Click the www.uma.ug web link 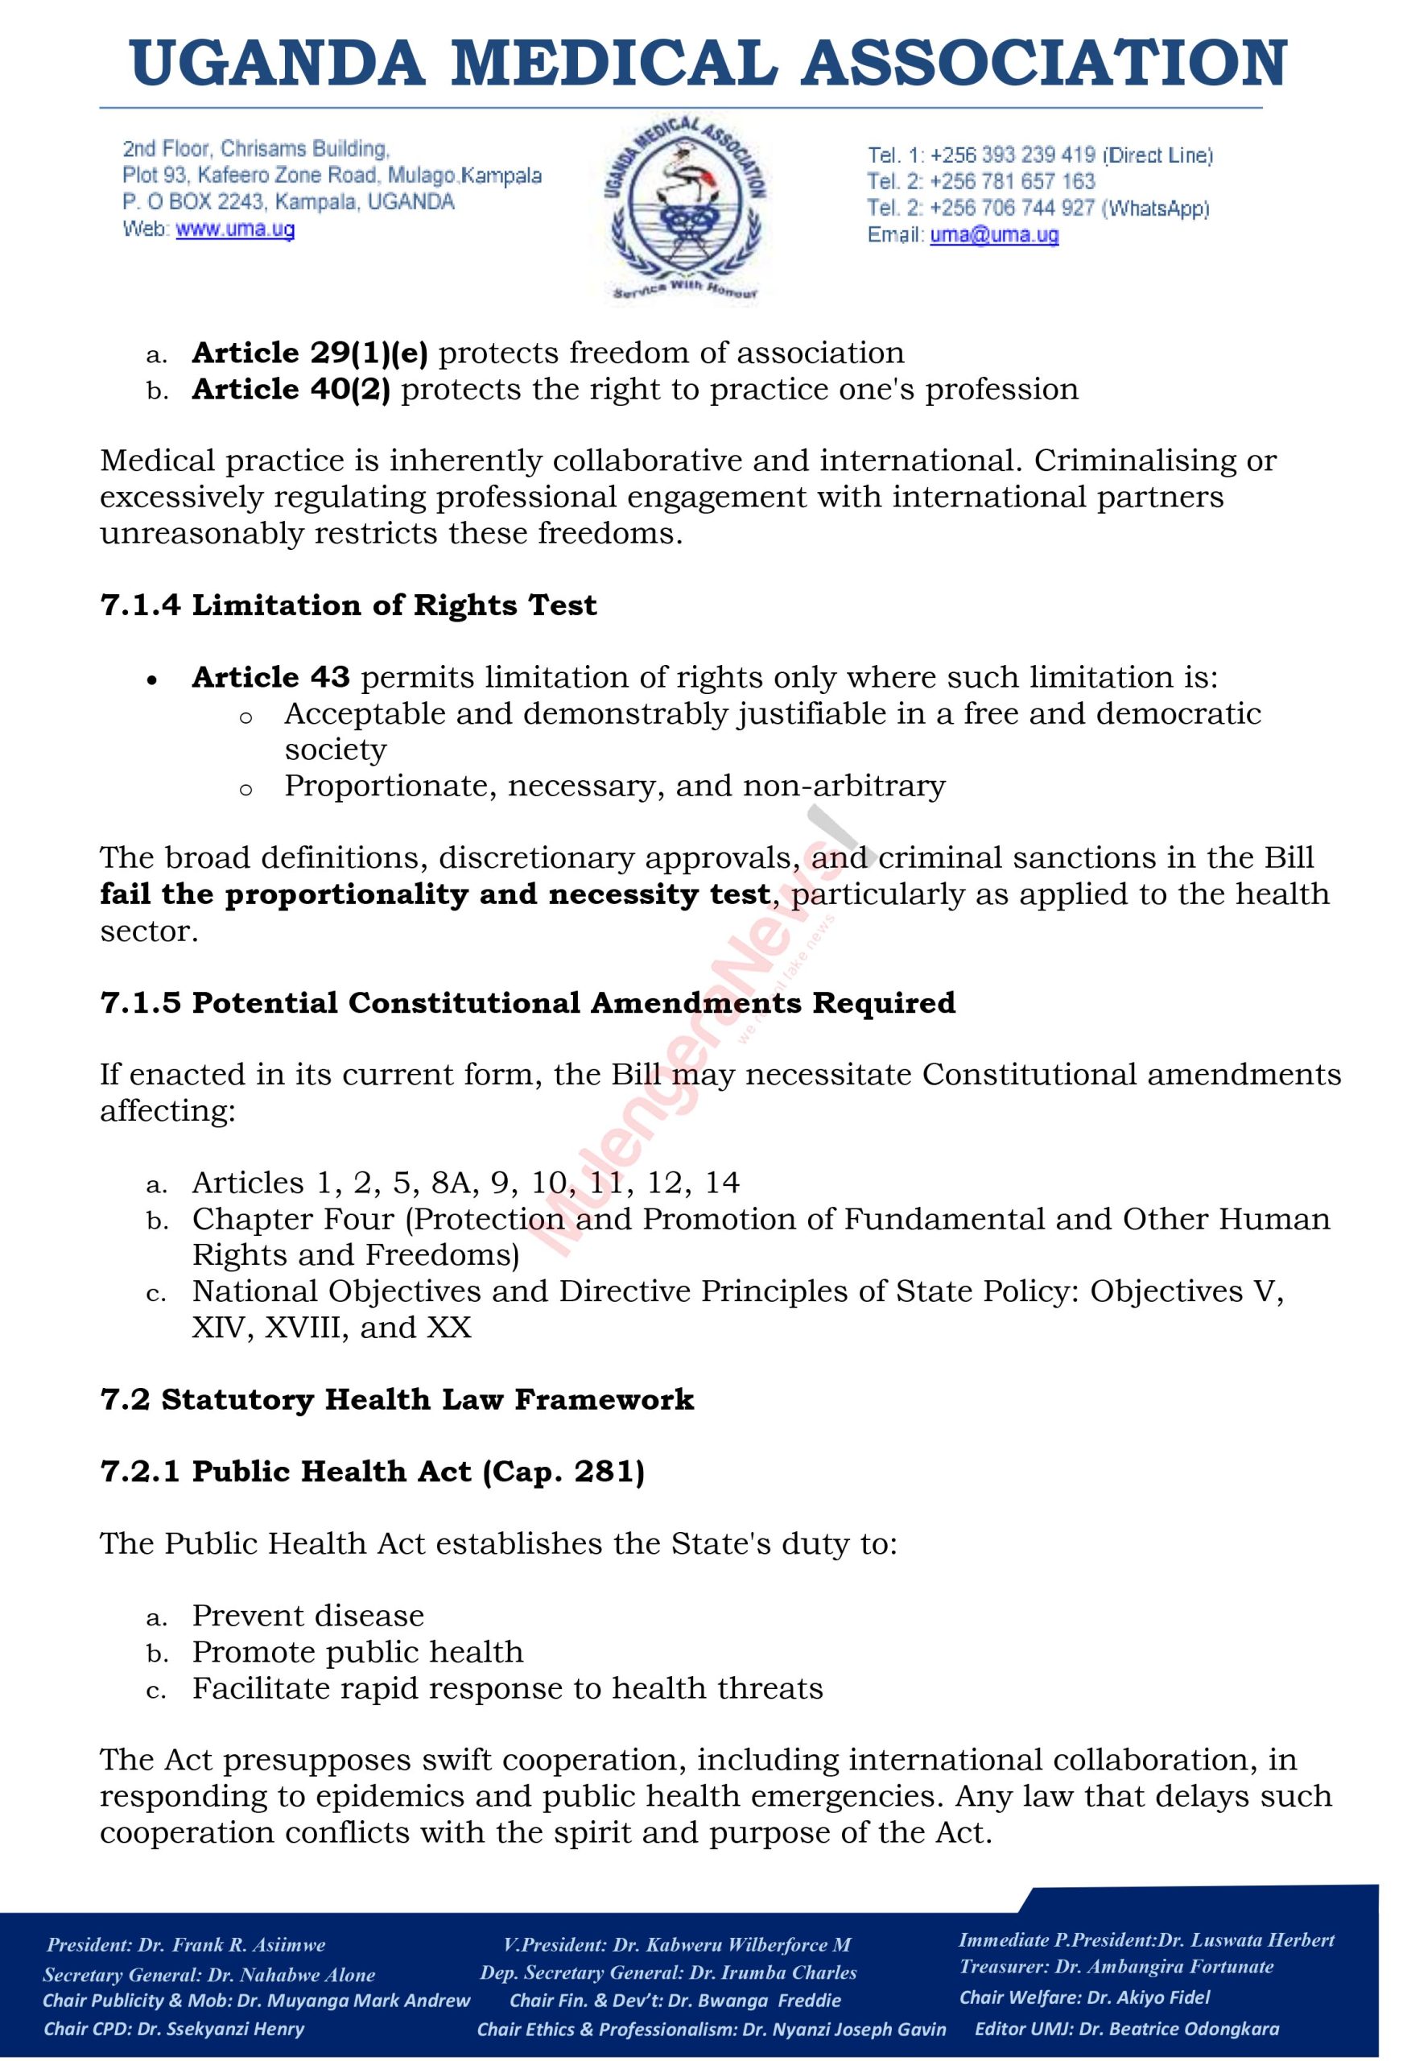(x=235, y=229)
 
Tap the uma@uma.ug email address (x=994, y=235)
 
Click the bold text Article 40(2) (x=291, y=390)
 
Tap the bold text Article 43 (x=270, y=678)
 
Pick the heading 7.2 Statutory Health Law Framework (x=396, y=1399)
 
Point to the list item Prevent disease (x=307, y=1616)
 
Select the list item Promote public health (x=357, y=1652)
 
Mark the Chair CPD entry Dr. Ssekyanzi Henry (x=221, y=2028)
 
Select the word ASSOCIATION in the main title (x=1043, y=64)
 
